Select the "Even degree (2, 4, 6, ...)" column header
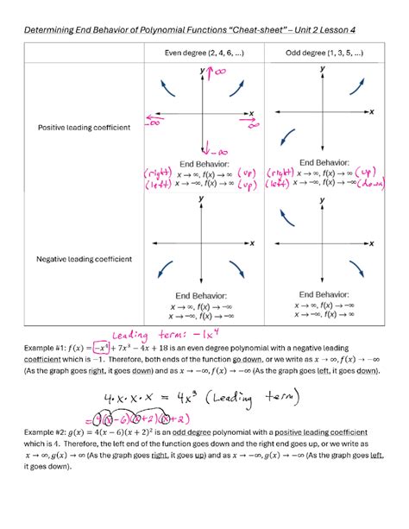pos(204,54)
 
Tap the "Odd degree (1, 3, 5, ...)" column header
pos(324,54)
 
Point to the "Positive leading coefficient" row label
pos(84,128)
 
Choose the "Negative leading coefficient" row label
pos(84,259)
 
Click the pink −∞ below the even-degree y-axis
pos(212,150)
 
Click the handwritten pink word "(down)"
pos(376,183)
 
